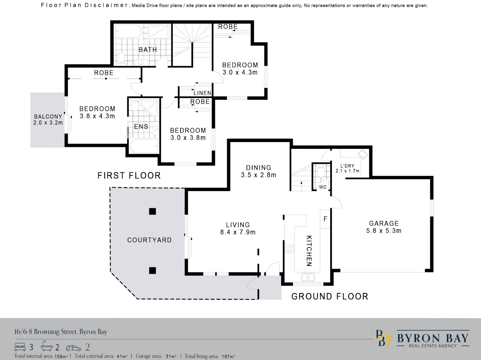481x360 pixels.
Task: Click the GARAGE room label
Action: pos(384,223)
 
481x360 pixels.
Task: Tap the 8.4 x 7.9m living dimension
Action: pos(238,232)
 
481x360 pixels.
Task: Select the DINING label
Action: pos(259,168)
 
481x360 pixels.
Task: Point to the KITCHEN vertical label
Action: pos(309,251)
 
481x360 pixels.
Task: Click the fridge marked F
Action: pos(325,219)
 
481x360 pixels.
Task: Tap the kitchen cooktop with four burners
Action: pos(289,249)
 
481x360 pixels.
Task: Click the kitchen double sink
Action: pos(308,277)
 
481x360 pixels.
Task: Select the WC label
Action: pos(323,187)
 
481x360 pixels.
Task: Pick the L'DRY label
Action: pos(347,166)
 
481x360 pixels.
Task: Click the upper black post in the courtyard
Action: pos(152,211)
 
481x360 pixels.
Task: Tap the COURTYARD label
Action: pos(149,240)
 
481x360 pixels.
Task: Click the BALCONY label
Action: pos(48,116)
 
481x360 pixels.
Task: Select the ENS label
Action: pos(141,126)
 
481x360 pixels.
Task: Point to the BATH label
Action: pos(148,50)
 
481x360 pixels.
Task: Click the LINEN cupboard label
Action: pos(202,93)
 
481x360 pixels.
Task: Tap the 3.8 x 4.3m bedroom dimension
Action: pos(97,116)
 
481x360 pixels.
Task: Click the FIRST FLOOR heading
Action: pos(129,175)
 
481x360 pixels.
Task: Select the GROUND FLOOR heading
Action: pos(330,296)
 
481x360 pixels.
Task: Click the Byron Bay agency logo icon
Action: pos(384,338)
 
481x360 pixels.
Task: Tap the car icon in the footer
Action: pos(73,348)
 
